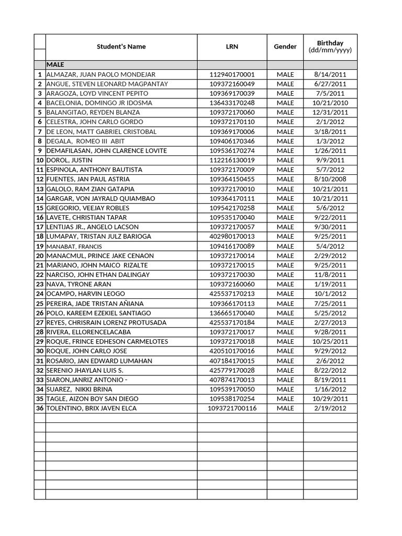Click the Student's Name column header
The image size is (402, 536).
(x=121, y=47)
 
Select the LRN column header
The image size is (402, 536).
(x=232, y=47)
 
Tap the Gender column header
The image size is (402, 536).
(x=285, y=47)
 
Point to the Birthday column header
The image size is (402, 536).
(x=330, y=47)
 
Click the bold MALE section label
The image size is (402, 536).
(x=55, y=64)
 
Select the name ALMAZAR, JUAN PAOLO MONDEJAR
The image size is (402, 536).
(x=101, y=74)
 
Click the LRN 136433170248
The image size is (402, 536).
(x=232, y=103)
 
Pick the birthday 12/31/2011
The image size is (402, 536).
(x=330, y=113)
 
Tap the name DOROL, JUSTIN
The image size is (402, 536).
(x=70, y=160)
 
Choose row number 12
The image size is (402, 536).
(x=40, y=179)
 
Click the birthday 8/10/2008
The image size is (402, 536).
(x=330, y=179)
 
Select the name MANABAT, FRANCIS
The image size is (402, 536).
(x=74, y=246)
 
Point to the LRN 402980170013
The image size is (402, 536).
(x=232, y=237)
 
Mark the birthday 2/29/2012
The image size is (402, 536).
(x=330, y=255)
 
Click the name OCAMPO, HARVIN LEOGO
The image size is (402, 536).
(x=86, y=294)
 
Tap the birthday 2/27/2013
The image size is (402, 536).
(x=330, y=322)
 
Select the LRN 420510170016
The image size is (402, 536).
(x=232, y=351)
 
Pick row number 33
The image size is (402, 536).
(x=40, y=380)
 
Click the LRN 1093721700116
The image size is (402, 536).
(x=232, y=408)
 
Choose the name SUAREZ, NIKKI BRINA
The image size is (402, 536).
(x=80, y=389)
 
